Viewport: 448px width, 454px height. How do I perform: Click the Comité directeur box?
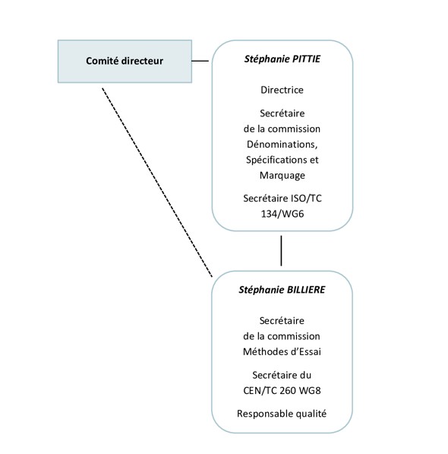(x=125, y=62)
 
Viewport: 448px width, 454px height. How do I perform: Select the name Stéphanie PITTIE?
(x=282, y=59)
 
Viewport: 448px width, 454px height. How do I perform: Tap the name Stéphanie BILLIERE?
(x=282, y=290)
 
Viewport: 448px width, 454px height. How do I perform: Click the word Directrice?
(x=282, y=90)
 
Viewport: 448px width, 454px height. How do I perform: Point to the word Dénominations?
(x=282, y=144)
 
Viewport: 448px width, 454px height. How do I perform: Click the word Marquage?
(x=282, y=176)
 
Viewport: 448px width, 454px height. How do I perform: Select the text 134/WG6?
(x=282, y=214)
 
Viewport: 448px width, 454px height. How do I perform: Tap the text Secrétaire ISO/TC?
(x=282, y=198)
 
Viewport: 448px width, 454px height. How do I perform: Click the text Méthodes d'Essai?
(x=282, y=351)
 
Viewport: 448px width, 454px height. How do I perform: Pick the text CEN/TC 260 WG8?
(x=282, y=391)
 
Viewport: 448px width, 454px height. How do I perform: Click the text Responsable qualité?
(x=282, y=414)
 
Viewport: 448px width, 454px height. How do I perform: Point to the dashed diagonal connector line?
(x=157, y=183)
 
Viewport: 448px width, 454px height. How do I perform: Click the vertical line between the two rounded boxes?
(x=281, y=251)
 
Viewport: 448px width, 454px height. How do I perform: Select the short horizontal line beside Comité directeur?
(x=200, y=61)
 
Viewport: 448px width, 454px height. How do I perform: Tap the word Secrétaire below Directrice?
(x=282, y=113)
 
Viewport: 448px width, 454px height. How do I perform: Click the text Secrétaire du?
(x=282, y=375)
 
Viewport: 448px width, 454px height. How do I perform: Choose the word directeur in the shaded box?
(x=142, y=61)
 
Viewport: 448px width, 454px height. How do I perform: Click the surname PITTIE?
(x=306, y=59)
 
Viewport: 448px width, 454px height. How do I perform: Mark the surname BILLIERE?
(x=306, y=290)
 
